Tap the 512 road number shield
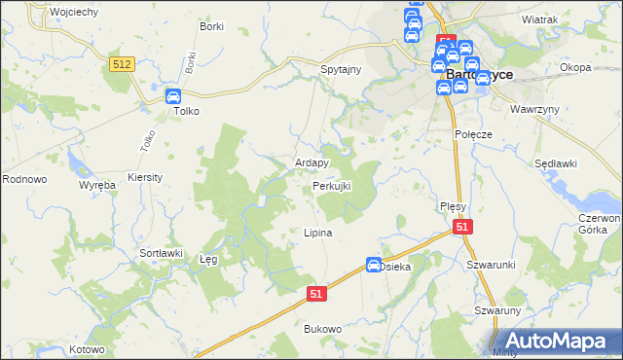click(x=122, y=63)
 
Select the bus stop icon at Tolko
click(x=173, y=95)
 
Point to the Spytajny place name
click(x=342, y=70)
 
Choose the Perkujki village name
click(x=331, y=185)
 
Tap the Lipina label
click(x=318, y=234)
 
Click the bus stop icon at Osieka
click(x=374, y=264)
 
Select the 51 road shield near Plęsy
click(x=462, y=227)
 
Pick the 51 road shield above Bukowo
click(x=315, y=292)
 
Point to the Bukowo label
click(x=323, y=329)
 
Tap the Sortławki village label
click(x=161, y=253)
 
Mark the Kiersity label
click(x=145, y=178)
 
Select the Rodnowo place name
click(x=24, y=179)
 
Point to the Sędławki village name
click(x=557, y=163)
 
